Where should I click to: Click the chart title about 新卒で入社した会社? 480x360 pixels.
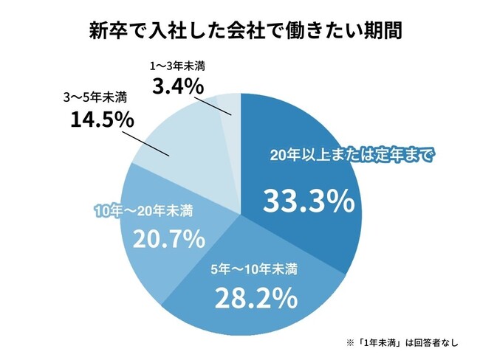pos(240,32)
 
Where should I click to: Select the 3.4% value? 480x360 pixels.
pos(177,86)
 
